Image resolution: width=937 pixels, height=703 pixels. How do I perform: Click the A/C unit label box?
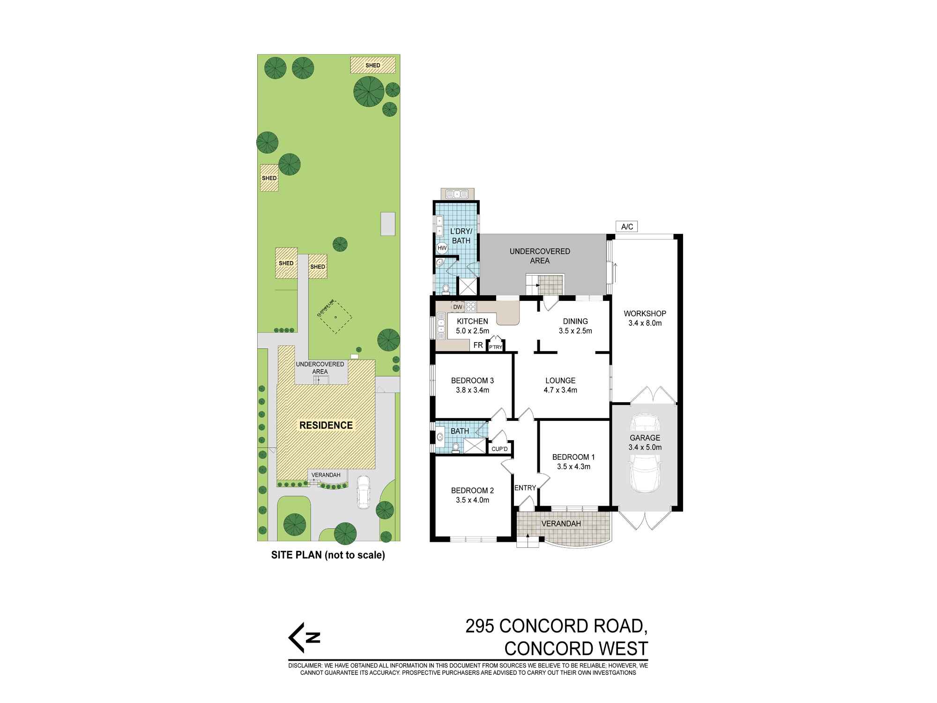(627, 227)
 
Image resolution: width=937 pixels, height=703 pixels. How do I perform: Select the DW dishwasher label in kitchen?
(458, 307)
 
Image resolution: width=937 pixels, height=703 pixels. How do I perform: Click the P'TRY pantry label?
(495, 347)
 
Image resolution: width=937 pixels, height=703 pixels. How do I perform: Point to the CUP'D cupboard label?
(499, 449)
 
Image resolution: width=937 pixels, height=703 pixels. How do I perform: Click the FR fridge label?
(478, 345)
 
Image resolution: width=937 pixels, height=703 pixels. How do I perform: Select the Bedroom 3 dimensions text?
(472, 390)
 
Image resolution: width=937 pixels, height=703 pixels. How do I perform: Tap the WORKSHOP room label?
(645, 314)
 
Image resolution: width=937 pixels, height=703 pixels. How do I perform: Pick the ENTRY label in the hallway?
(525, 488)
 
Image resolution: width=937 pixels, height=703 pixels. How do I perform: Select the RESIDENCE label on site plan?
(326, 425)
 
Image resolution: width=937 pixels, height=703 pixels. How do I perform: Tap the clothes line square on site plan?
(335, 317)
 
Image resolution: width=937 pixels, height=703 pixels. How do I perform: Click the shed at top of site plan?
(372, 65)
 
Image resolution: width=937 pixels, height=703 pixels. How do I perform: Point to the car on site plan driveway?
(364, 492)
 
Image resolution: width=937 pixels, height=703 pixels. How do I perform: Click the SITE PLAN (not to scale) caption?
(328, 555)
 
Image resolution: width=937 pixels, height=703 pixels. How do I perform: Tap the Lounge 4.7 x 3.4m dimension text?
(560, 390)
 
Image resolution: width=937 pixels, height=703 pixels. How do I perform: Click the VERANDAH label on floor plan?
(561, 524)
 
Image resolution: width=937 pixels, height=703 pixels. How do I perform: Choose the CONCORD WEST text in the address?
(576, 649)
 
